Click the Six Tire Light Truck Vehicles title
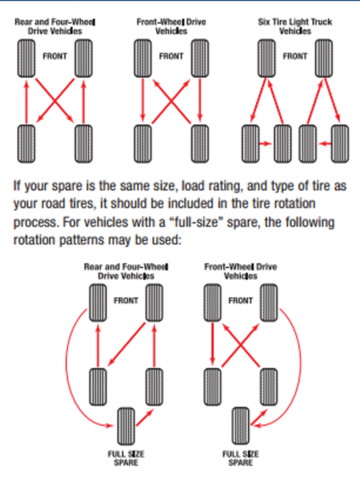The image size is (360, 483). click(295, 27)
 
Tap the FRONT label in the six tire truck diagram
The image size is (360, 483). click(295, 56)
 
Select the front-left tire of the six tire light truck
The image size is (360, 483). click(267, 58)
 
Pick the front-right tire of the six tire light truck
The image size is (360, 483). click(324, 58)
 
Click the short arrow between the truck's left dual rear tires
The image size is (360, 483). click(266, 143)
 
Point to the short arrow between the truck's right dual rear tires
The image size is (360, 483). click(325, 143)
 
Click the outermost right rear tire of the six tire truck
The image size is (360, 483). click(340, 143)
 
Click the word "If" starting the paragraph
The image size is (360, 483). click(17, 186)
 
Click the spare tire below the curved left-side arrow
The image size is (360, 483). click(126, 427)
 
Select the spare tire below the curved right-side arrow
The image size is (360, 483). click(241, 427)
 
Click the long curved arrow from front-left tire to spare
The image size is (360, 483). click(66, 369)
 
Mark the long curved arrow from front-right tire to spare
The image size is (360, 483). click(300, 369)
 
